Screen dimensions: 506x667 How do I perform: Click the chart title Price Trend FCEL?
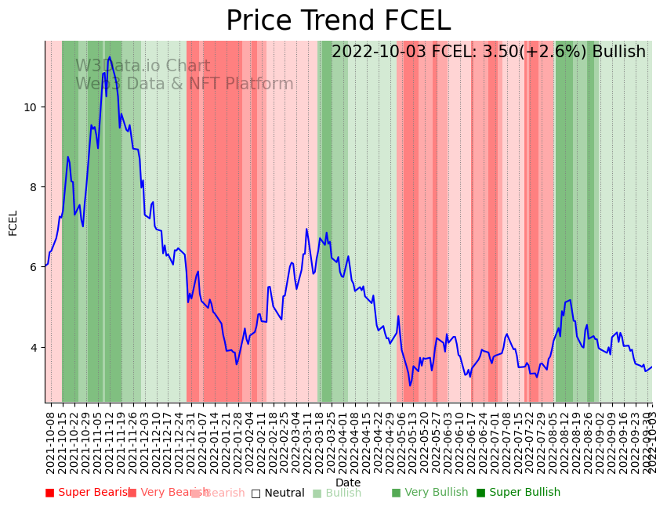pos(338,21)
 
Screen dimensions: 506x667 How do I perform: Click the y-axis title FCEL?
pos(13,222)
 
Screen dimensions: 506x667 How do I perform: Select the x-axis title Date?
pos(348,483)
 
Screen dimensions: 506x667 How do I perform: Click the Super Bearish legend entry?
pos(88,493)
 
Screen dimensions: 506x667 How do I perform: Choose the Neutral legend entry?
pos(277,493)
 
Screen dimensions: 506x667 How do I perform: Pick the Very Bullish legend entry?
pos(430,493)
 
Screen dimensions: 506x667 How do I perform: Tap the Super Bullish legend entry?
pos(518,493)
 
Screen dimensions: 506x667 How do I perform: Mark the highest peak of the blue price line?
pos(109,56)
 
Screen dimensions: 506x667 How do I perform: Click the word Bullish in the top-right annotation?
pos(618,52)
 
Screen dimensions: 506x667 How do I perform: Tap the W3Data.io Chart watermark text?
pos(143,67)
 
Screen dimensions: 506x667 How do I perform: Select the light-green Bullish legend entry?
pos(337,493)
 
